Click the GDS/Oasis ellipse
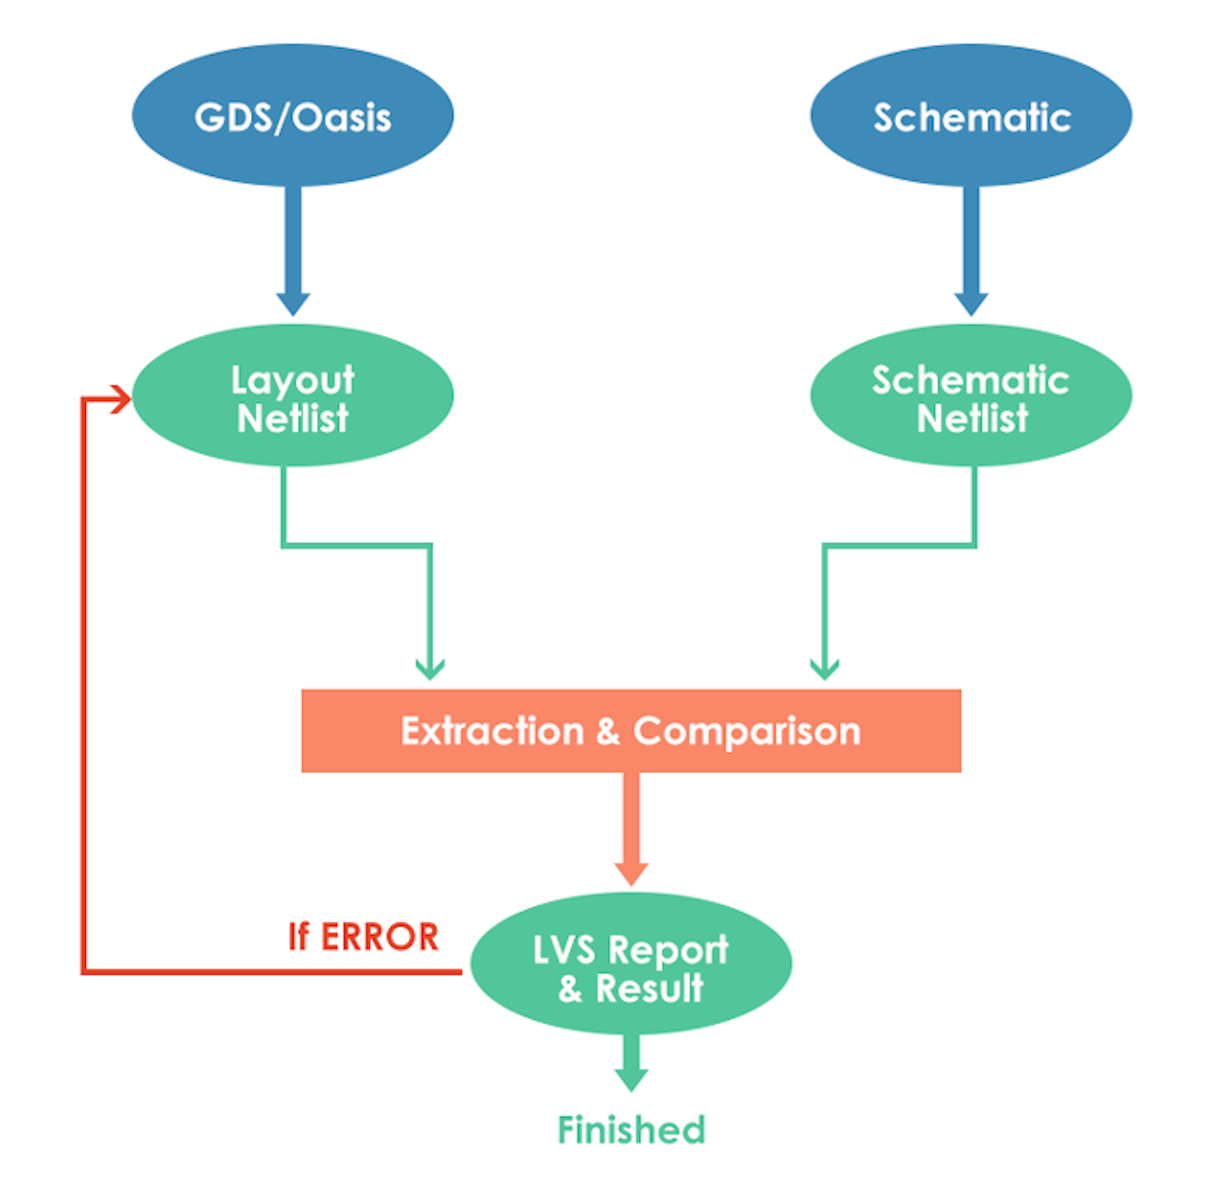(x=292, y=115)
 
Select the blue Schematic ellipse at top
(x=970, y=115)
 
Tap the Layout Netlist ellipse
(x=292, y=396)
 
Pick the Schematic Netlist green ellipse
(x=970, y=396)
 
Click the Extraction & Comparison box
(x=631, y=730)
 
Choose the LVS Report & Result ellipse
(x=631, y=964)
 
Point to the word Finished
(x=631, y=1129)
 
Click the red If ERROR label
(x=363, y=937)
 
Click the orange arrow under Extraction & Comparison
(x=631, y=830)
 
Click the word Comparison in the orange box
(x=746, y=731)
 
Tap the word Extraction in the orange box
(x=492, y=731)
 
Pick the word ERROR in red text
(x=380, y=937)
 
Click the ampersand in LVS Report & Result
(x=570, y=989)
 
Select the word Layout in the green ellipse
(x=292, y=381)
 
